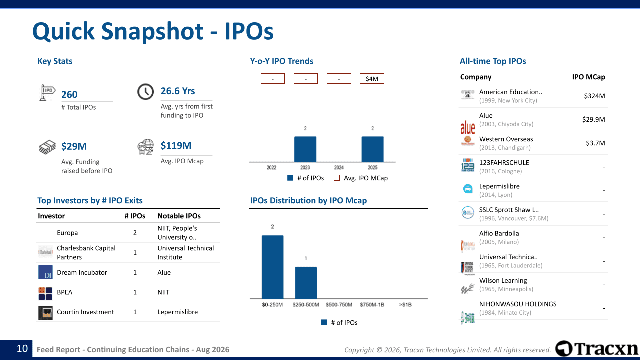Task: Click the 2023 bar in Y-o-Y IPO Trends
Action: tap(305, 149)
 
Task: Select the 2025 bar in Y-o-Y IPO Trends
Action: tap(373, 149)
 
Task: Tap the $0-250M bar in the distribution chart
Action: tap(273, 267)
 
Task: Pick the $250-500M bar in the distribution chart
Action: tap(306, 283)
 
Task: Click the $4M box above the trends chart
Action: tap(372, 79)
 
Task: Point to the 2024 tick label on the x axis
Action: tap(339, 167)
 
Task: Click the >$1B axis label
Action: tap(405, 305)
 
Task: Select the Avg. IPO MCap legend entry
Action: tap(361, 178)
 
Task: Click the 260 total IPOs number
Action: tap(69, 94)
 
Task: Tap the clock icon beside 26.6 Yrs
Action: tap(145, 92)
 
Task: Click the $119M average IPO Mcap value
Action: tap(176, 145)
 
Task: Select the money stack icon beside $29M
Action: tap(47, 147)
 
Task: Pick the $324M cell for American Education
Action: tap(594, 96)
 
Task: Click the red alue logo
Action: tap(467, 127)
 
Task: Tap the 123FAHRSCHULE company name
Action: tap(504, 163)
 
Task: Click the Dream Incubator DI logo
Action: tap(45, 272)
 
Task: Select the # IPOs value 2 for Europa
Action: tap(135, 233)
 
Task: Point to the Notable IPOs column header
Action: tap(179, 216)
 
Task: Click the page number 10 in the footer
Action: tap(22, 349)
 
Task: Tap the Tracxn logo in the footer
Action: tap(596, 349)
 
